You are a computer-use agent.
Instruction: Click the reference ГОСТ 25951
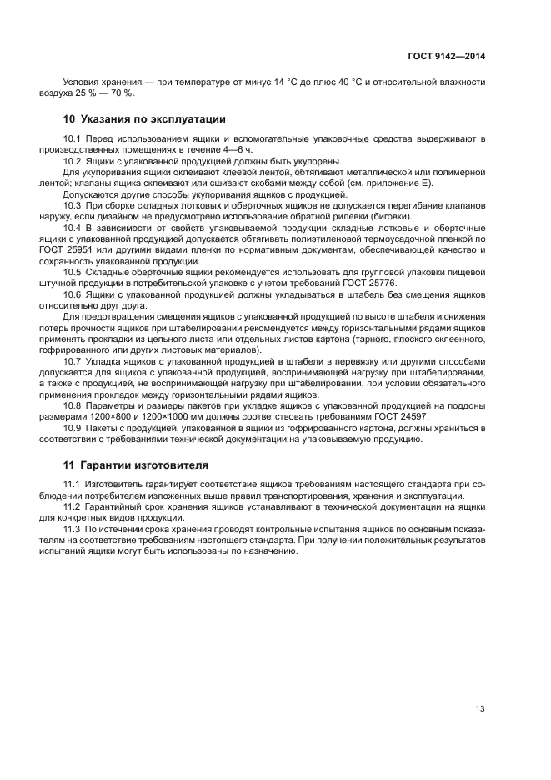(x=92, y=249)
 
